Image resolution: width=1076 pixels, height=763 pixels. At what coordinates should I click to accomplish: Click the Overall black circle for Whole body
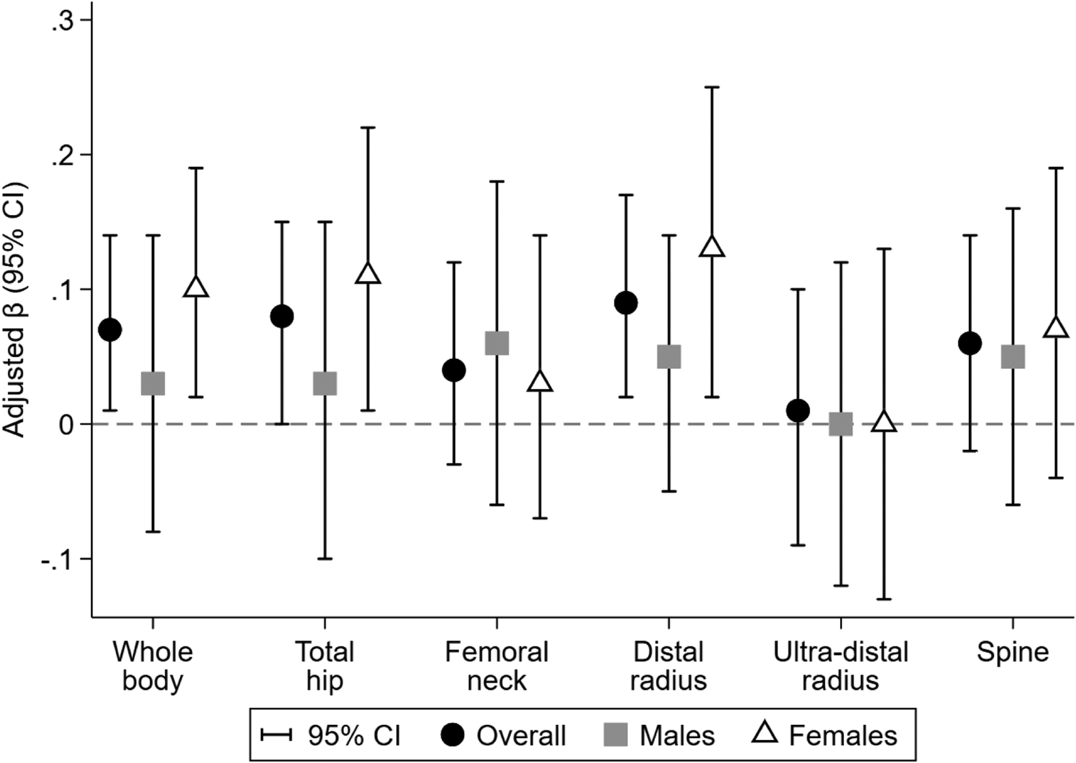pos(110,330)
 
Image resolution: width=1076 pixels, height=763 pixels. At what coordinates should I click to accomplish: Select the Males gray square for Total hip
pos(325,384)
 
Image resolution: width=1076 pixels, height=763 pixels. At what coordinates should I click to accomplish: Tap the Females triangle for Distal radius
pos(712,247)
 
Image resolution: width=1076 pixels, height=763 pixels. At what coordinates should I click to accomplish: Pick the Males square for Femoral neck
pos(497,343)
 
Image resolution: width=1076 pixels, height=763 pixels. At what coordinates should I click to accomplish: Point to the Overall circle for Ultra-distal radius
pos(798,411)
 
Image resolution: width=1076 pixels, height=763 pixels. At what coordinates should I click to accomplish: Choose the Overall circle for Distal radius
pos(626,303)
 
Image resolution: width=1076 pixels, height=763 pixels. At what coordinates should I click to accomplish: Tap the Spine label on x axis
pos(1012,653)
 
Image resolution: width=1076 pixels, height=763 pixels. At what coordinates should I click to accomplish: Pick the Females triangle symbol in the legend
pos(764,734)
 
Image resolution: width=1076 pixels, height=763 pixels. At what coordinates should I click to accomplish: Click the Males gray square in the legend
pos(615,735)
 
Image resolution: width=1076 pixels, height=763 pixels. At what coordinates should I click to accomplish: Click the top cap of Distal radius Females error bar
pos(712,87)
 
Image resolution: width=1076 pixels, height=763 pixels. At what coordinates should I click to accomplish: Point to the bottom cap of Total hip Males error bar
pos(325,559)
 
